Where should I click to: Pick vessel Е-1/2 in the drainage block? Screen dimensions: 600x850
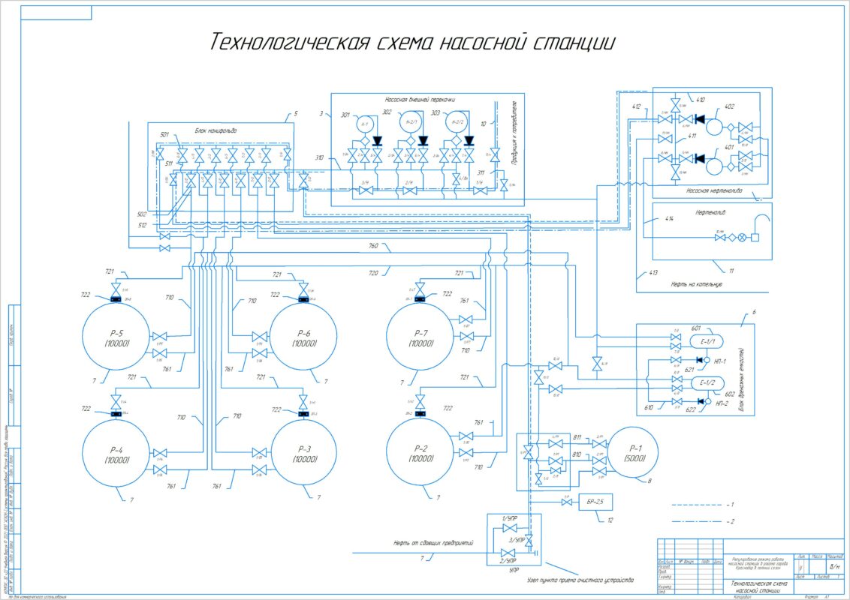(x=710, y=384)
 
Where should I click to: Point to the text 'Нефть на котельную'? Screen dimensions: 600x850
(x=697, y=285)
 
